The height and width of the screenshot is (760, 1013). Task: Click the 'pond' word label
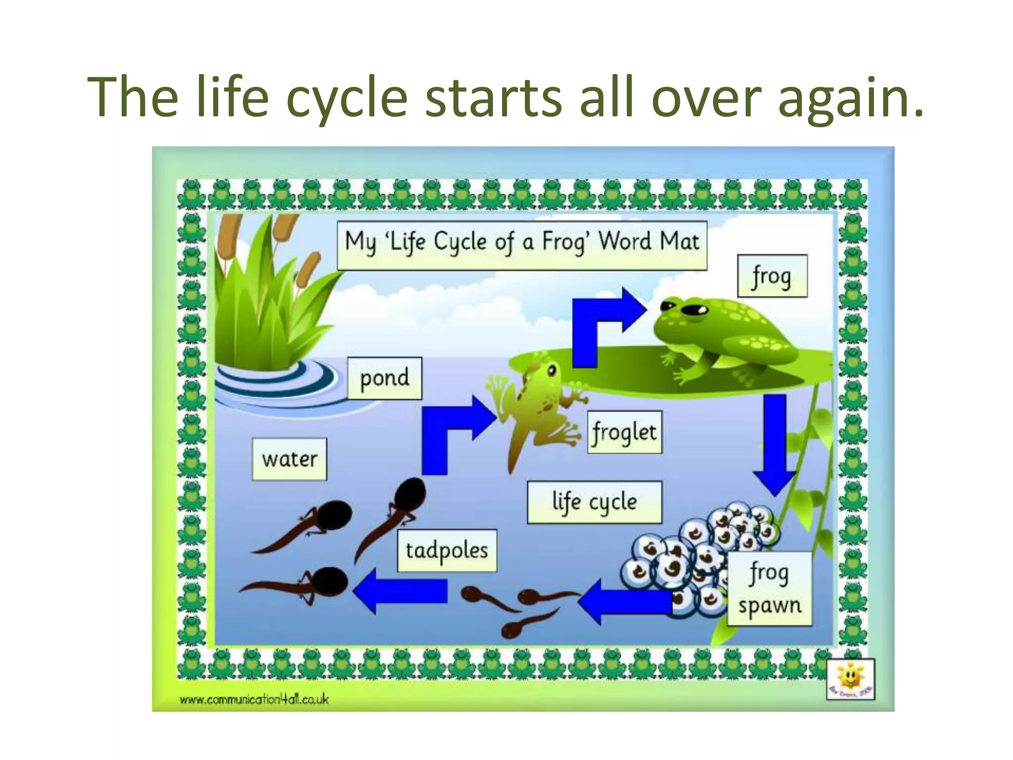[x=384, y=379]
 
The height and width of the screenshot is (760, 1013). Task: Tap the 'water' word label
[x=289, y=459]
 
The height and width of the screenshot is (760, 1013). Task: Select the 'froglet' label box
[x=625, y=432]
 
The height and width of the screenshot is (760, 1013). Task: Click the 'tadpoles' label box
[x=447, y=551]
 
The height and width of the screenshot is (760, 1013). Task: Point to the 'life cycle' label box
[x=594, y=502]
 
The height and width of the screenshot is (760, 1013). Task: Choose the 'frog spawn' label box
[x=770, y=589]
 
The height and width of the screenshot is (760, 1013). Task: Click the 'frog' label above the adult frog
[x=772, y=276]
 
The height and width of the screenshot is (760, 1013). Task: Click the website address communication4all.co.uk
[x=254, y=699]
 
